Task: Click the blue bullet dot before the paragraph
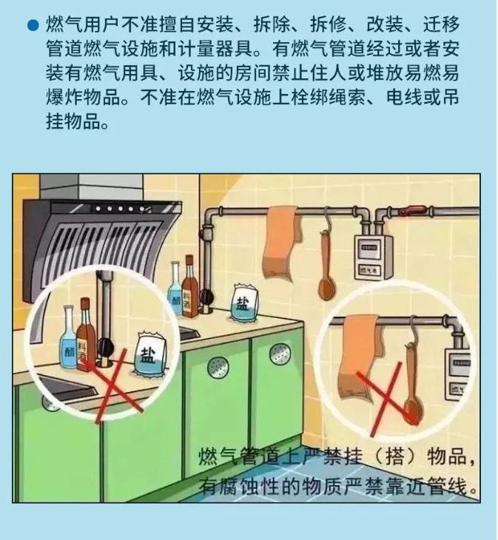coord(33,26)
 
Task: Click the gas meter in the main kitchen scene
coord(374,256)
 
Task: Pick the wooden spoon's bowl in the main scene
coord(325,289)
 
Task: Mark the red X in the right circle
coord(387,399)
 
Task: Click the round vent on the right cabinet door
coord(280,354)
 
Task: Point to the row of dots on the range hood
coord(120,209)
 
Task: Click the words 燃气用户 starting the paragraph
coord(82,25)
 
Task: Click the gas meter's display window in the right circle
coord(460,362)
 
